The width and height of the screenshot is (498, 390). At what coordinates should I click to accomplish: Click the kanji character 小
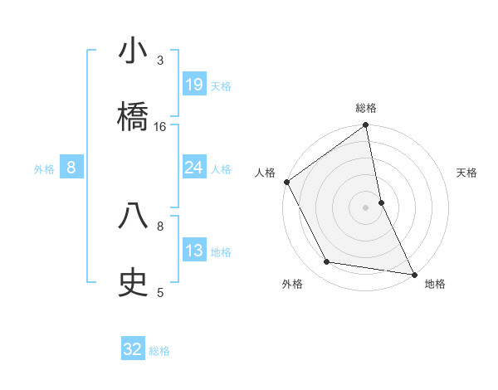(134, 51)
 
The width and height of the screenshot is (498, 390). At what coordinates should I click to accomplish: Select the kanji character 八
(134, 215)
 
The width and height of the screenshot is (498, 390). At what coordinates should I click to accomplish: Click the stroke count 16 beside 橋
(160, 127)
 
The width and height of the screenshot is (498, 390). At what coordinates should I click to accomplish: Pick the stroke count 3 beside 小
(160, 61)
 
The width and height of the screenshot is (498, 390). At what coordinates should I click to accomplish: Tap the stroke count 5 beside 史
(160, 292)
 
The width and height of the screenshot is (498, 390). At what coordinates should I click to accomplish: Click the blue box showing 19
(194, 84)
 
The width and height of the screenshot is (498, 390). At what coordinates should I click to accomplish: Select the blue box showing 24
(194, 168)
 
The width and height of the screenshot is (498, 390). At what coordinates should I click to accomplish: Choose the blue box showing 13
(194, 251)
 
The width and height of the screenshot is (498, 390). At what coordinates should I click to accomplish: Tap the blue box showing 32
(133, 349)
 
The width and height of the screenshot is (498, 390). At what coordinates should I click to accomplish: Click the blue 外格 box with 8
(71, 168)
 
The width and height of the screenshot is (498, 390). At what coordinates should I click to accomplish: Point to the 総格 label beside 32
(159, 351)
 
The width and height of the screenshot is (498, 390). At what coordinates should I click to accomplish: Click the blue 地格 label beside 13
(221, 252)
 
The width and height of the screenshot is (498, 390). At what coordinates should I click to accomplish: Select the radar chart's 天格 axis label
(467, 173)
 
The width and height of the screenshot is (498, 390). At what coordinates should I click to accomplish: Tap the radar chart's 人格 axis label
(265, 173)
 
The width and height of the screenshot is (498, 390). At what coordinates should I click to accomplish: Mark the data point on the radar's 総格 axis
(366, 126)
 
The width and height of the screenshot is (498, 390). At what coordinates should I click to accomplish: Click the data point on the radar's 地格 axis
(414, 273)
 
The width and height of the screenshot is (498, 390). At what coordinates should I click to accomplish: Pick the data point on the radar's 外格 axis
(327, 262)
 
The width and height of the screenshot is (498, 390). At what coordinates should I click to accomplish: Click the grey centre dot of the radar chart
(366, 207)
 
